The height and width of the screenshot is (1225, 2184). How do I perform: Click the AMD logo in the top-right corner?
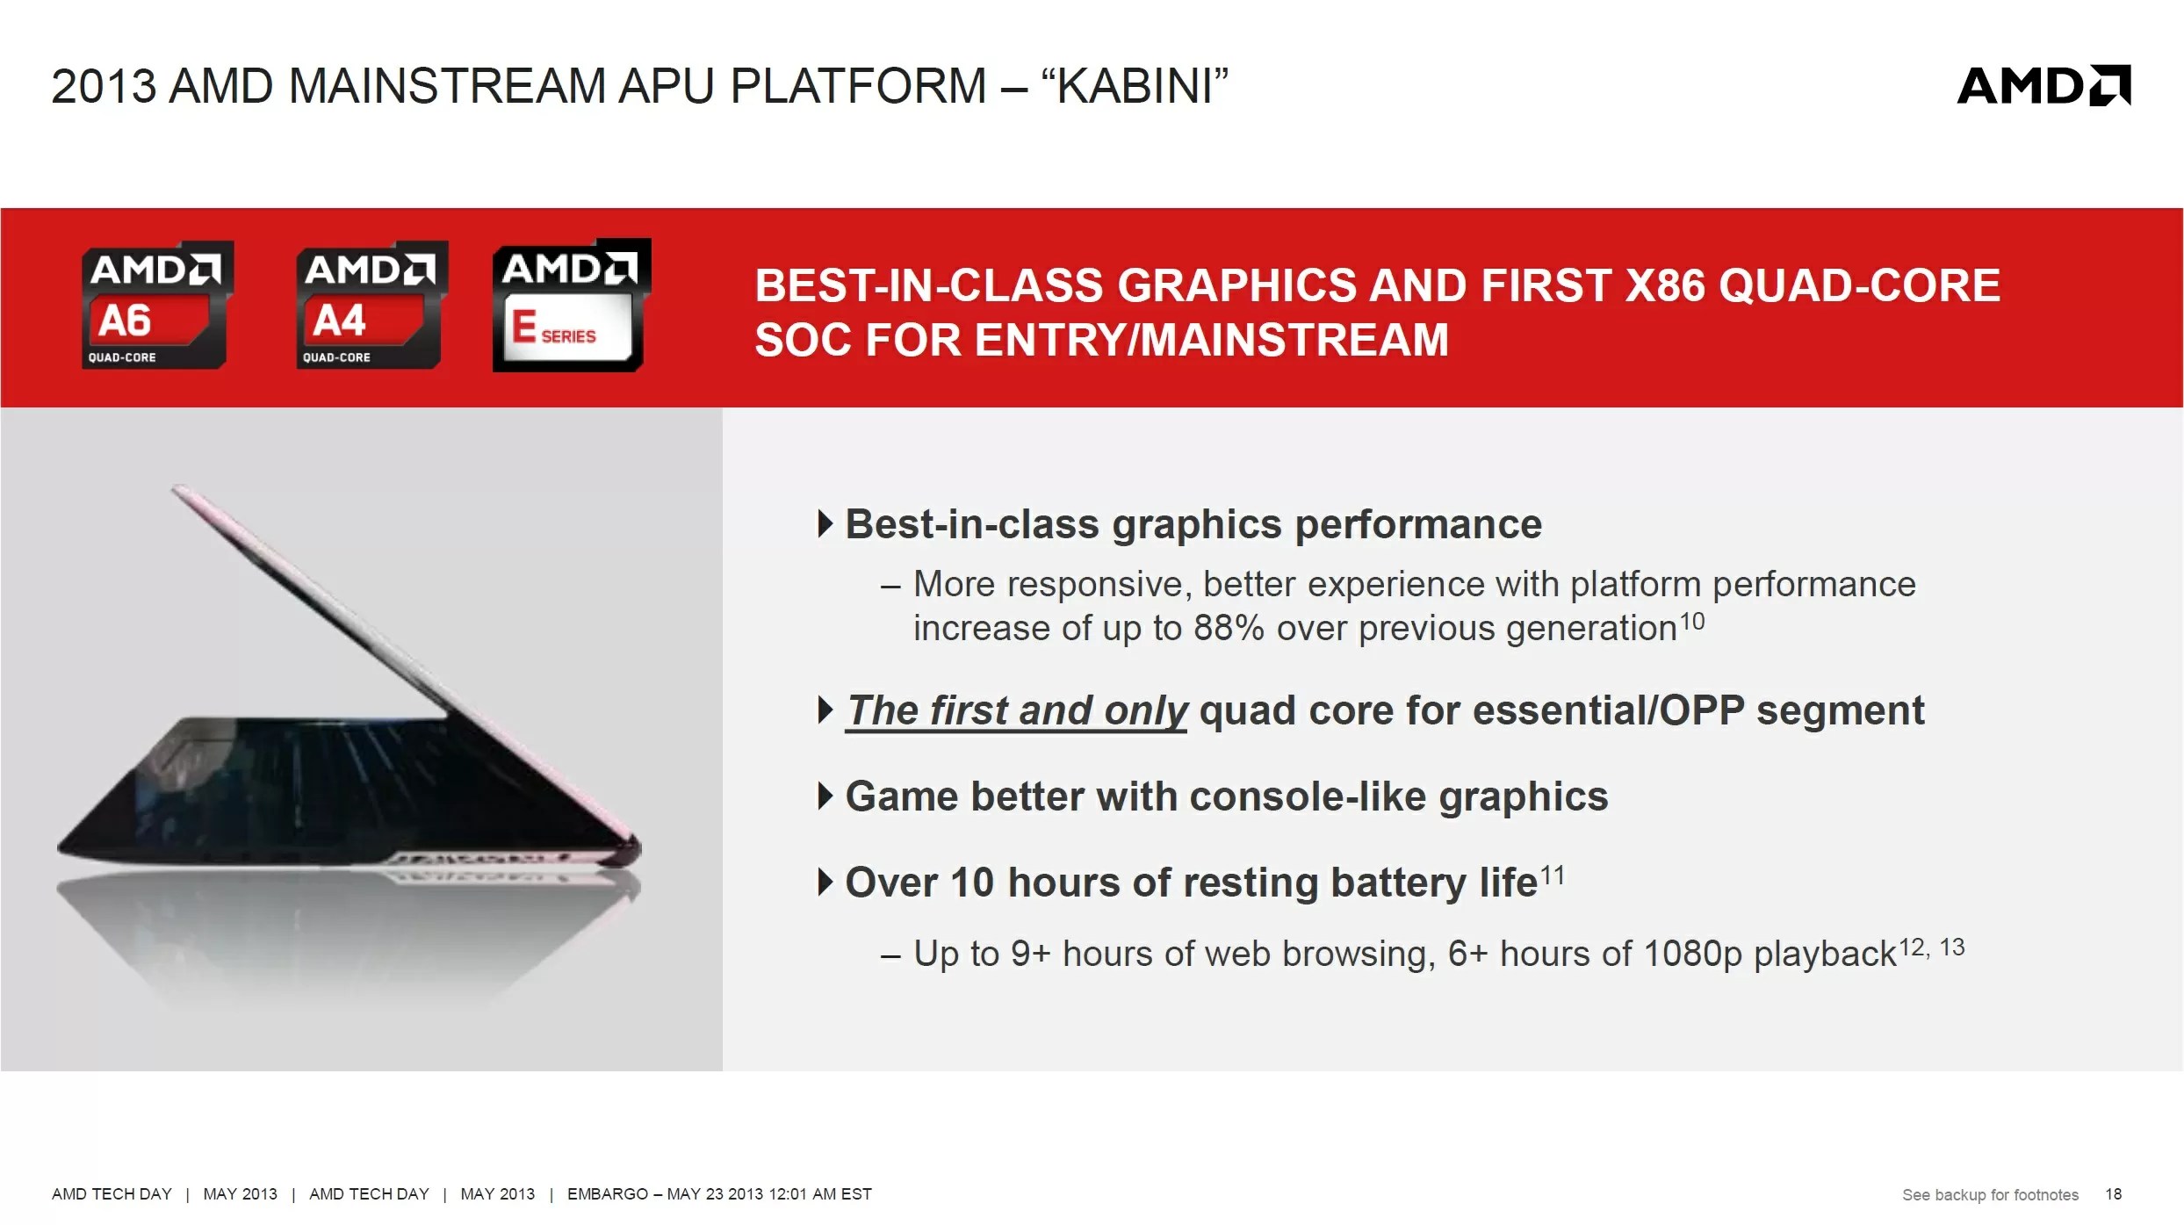tap(2043, 85)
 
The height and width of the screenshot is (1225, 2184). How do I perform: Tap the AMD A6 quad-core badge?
tap(156, 305)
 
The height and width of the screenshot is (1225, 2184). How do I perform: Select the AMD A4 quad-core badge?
tap(371, 305)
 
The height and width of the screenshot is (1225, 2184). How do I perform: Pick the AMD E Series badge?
tap(572, 305)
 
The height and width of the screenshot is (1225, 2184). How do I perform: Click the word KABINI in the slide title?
tap(1134, 86)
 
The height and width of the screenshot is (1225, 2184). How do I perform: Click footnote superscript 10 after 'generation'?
tap(1692, 622)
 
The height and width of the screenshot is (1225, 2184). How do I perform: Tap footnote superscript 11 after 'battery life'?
tap(1553, 876)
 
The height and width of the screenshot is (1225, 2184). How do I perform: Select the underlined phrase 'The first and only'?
tap(1017, 710)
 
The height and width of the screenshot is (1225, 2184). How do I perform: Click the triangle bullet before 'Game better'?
tap(825, 796)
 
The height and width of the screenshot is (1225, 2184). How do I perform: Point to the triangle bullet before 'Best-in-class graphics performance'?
tap(825, 524)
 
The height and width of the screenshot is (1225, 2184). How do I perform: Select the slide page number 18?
tap(2113, 1194)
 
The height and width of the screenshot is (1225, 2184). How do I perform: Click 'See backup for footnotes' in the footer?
tap(1990, 1195)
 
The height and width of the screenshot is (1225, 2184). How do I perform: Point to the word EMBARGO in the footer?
tap(608, 1194)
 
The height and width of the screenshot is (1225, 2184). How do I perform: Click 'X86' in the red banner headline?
tap(1665, 285)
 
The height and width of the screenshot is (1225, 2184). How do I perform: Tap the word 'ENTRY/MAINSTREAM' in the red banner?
tap(1212, 340)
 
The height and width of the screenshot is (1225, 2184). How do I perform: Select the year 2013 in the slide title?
tap(104, 86)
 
